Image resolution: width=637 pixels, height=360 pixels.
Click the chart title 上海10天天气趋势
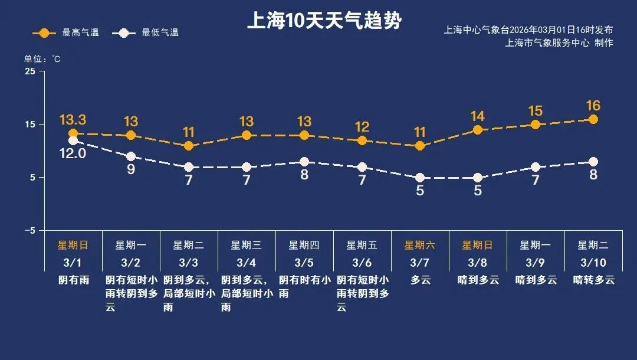click(x=324, y=21)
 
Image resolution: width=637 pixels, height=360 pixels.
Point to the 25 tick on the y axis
click(x=30, y=71)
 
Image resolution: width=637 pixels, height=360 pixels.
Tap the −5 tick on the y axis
click(x=29, y=230)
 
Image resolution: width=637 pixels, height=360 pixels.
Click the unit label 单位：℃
click(x=42, y=59)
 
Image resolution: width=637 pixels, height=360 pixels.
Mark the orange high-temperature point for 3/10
click(x=593, y=120)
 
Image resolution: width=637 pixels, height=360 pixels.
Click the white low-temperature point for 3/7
click(x=420, y=178)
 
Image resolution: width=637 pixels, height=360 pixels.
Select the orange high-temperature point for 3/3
click(x=189, y=146)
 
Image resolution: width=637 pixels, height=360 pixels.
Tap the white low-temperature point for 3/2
click(x=131, y=156)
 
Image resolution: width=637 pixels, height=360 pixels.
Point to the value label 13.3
click(x=73, y=120)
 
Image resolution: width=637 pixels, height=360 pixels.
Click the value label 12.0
click(x=73, y=154)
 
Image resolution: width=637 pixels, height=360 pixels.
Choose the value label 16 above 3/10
click(x=593, y=106)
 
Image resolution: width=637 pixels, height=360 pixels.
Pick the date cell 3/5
click(x=304, y=262)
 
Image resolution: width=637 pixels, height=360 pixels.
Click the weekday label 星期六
click(x=420, y=245)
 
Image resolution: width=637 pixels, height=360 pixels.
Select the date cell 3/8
click(x=478, y=262)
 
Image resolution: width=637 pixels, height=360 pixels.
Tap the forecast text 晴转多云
click(x=593, y=280)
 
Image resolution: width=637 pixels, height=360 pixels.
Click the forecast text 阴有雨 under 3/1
click(x=73, y=280)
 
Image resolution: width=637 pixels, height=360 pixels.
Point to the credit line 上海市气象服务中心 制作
click(x=559, y=42)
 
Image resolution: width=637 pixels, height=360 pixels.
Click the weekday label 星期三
click(x=247, y=245)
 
